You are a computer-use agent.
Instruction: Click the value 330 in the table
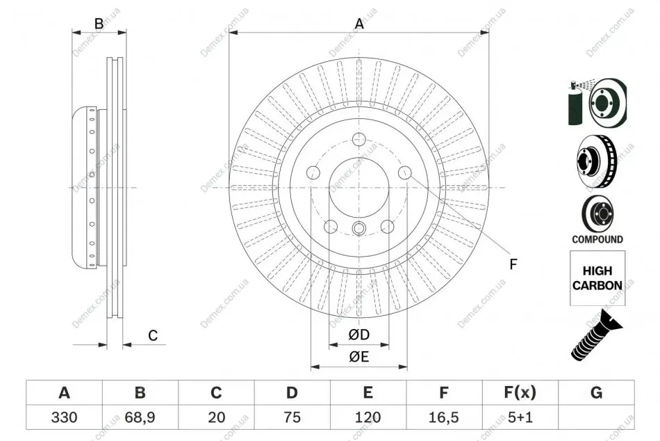[x=64, y=417]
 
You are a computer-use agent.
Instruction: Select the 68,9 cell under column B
[x=140, y=417]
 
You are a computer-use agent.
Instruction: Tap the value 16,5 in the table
[x=443, y=417]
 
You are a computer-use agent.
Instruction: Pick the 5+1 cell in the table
[x=520, y=417]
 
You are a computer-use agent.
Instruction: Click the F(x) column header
[x=520, y=392]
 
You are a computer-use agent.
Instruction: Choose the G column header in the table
[x=596, y=392]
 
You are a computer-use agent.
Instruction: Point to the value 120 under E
[x=368, y=417]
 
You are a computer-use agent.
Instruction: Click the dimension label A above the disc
[x=359, y=24]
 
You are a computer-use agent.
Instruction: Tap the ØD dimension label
[x=358, y=335]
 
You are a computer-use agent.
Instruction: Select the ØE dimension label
[x=358, y=357]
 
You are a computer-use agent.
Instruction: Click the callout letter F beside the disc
[x=513, y=264]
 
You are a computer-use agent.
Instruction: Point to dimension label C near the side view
[x=153, y=335]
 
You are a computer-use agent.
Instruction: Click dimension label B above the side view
[x=99, y=24]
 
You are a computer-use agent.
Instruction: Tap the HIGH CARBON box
[x=597, y=278]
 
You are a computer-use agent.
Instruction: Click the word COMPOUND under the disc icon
[x=597, y=239]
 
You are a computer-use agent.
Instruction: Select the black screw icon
[x=597, y=335]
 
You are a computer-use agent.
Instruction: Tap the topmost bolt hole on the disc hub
[x=358, y=138]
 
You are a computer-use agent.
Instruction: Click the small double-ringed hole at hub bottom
[x=358, y=228]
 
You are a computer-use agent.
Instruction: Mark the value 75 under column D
[x=292, y=417]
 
